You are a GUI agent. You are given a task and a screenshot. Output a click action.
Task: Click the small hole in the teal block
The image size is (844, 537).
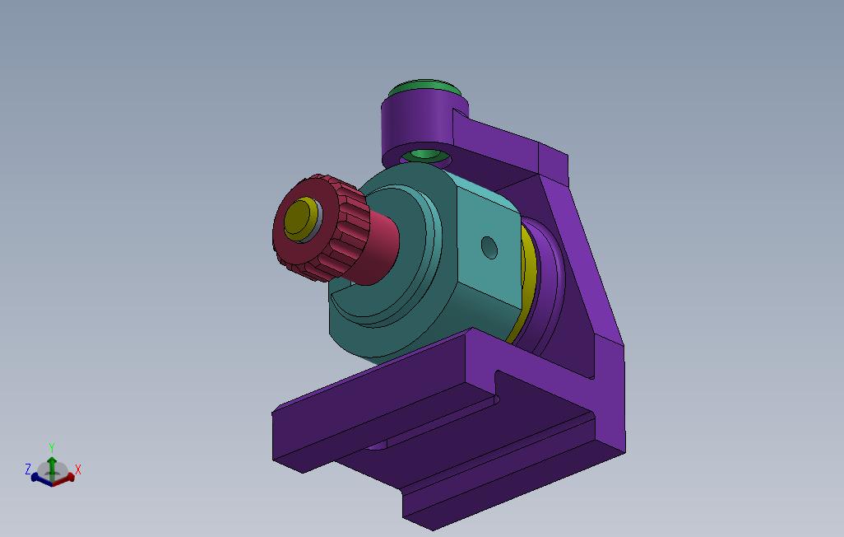(x=489, y=247)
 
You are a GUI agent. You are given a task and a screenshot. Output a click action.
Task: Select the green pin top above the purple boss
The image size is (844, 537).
(x=424, y=86)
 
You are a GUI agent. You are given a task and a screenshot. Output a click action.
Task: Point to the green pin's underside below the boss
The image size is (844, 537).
(x=425, y=156)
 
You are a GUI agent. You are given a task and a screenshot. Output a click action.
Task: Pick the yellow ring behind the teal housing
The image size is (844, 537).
(x=525, y=280)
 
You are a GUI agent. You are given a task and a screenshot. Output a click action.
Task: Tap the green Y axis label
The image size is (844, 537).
(x=52, y=448)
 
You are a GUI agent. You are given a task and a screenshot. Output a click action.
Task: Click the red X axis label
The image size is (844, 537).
(x=78, y=469)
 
